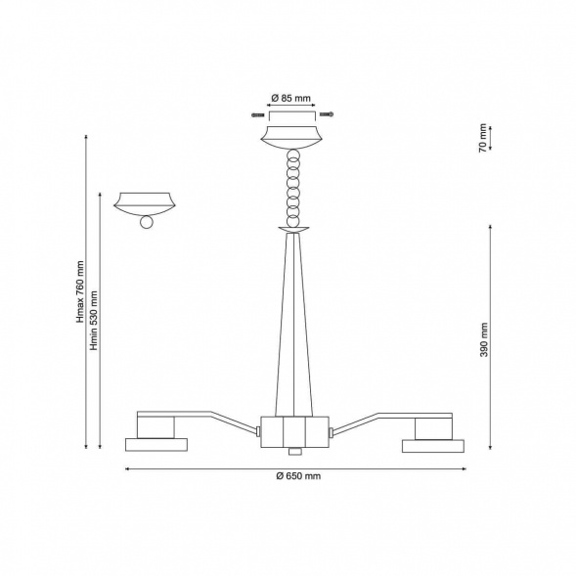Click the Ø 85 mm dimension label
pos(291,99)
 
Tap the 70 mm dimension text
pos(483,137)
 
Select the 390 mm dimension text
pos(484,339)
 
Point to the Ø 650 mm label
pos(298,476)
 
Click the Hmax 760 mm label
pos(80,292)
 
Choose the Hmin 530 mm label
pos(94,321)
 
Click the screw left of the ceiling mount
pos(258,115)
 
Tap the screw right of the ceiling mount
pos(327,114)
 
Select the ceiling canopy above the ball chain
pos(291,138)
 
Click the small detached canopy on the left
pos(145,203)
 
